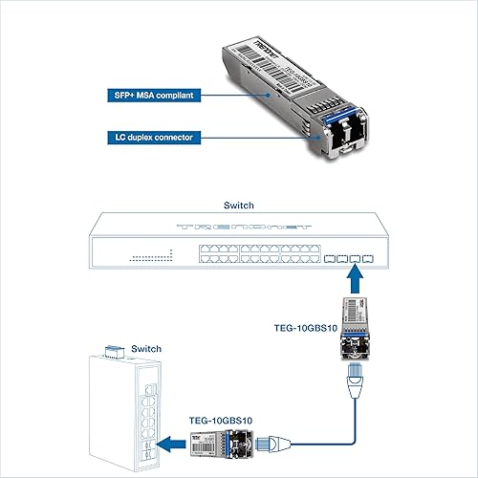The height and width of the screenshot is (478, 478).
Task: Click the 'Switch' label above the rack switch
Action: [238, 206]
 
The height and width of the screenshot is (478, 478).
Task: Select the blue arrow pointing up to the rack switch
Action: [354, 278]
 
